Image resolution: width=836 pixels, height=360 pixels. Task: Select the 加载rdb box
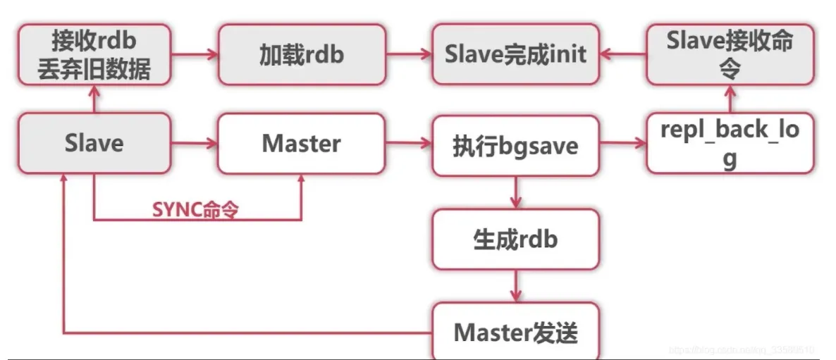click(x=302, y=56)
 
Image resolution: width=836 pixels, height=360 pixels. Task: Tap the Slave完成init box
click(x=515, y=56)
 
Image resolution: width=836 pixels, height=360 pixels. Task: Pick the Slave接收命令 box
click(x=730, y=56)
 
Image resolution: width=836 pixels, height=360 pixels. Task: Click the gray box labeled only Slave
click(x=94, y=144)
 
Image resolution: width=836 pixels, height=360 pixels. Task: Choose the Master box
click(x=301, y=144)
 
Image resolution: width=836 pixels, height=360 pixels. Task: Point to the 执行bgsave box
click(x=515, y=145)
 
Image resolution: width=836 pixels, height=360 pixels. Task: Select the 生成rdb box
click(x=515, y=239)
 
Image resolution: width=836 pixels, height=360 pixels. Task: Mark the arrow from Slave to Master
click(x=194, y=144)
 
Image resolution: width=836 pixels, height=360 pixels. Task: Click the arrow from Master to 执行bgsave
click(x=408, y=144)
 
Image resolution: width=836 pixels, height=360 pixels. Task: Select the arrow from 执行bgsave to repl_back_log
click(x=622, y=144)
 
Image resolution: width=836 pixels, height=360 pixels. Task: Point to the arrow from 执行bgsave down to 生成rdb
click(x=515, y=192)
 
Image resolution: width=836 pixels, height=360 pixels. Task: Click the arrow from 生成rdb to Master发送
click(x=515, y=285)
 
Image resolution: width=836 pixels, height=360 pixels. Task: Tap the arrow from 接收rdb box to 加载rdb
click(x=195, y=53)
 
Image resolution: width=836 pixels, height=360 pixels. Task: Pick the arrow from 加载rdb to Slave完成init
click(x=408, y=53)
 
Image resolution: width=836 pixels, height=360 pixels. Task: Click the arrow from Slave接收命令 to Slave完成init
click(x=622, y=53)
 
